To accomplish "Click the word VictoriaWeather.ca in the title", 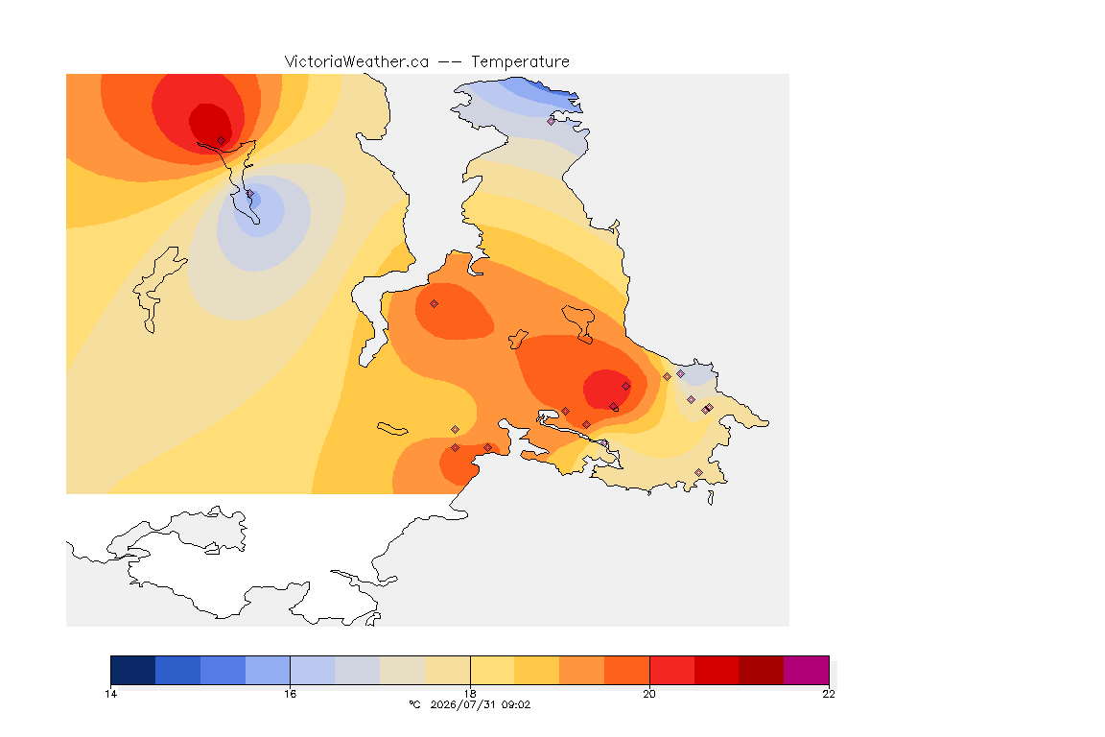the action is tap(357, 62).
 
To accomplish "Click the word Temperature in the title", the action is tap(520, 62).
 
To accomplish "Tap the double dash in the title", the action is tap(450, 62).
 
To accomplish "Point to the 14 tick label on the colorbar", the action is tap(110, 694).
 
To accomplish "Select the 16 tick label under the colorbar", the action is tap(291, 694).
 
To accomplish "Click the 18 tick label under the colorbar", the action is tap(470, 694).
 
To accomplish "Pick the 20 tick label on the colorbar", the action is tap(649, 694).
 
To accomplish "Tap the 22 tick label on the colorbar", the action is tap(829, 694).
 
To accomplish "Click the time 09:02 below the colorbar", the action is tap(517, 704).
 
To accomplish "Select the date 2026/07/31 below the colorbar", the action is tap(463, 704).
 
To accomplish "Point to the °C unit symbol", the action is tap(414, 704).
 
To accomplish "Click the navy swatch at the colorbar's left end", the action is tap(133, 670).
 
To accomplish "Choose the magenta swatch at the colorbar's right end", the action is tap(806, 670).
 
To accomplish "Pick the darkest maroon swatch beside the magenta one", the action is tap(761, 670).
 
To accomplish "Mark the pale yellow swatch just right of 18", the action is tap(493, 670).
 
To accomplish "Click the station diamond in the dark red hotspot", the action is tap(222, 141).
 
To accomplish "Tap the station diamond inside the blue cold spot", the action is tap(250, 194).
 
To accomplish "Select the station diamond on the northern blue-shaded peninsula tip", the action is tap(552, 121).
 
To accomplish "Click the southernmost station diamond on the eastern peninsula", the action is tap(698, 472).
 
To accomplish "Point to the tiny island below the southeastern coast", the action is tap(711, 498).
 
